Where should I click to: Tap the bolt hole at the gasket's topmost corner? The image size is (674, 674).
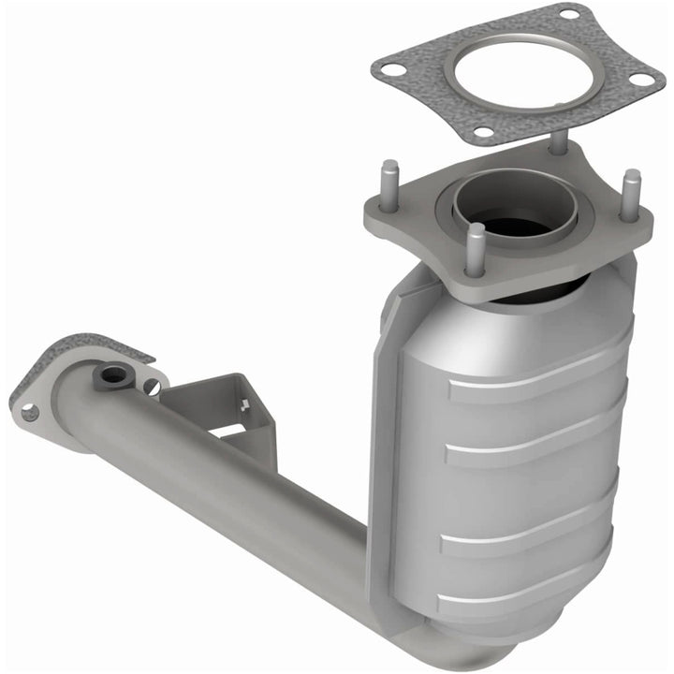click(x=569, y=13)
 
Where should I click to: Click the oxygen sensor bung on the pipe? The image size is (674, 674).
click(x=113, y=376)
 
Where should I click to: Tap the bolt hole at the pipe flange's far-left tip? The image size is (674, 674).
click(x=29, y=411)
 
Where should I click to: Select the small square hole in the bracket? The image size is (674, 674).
click(x=245, y=405)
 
